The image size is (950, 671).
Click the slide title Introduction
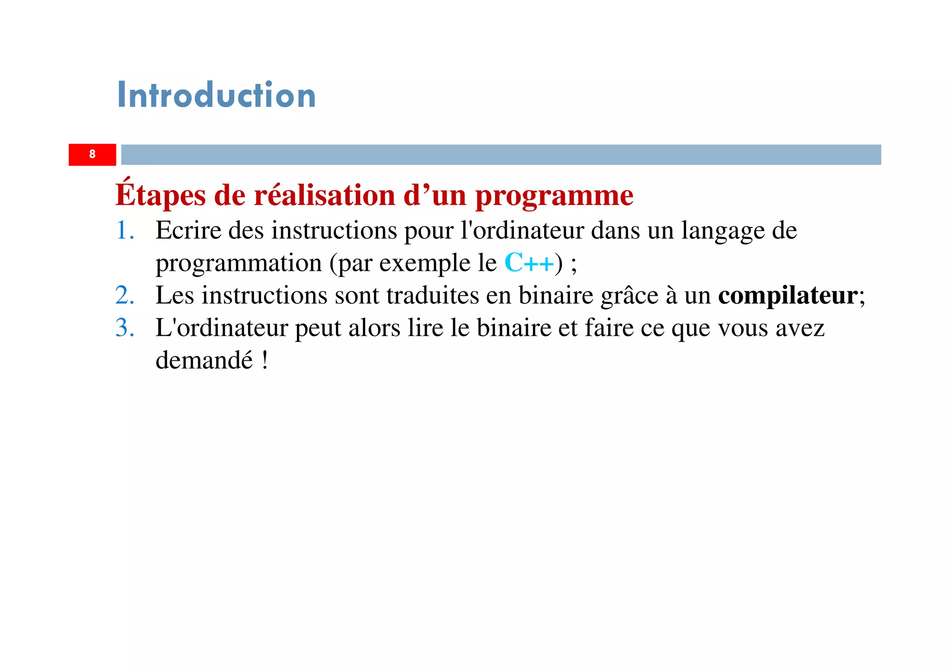point(216,95)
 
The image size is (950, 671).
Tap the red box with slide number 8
point(92,154)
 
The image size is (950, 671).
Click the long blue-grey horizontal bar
point(501,154)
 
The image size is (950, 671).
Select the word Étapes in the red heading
point(160,195)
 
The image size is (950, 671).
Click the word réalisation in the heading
point(325,195)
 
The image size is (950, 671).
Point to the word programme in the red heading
point(554,196)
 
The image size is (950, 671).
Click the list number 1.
point(124,230)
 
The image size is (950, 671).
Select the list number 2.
point(124,295)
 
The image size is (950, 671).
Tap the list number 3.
point(124,328)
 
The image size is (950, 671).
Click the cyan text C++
point(529,263)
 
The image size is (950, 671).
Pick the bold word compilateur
point(788,296)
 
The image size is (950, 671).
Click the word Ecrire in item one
point(188,230)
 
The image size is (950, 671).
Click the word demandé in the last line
point(204,360)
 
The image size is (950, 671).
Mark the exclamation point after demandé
point(265,360)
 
